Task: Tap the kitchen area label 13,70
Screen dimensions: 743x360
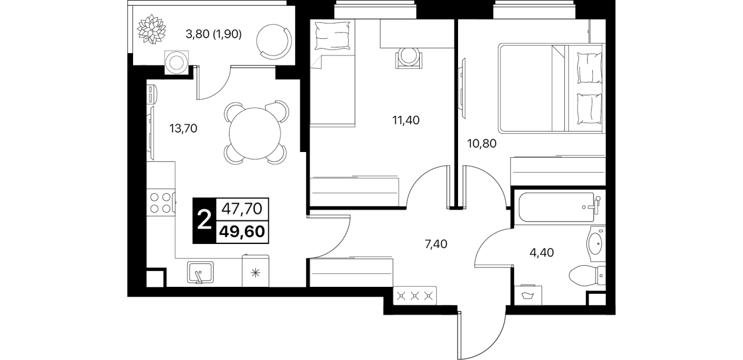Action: (x=183, y=129)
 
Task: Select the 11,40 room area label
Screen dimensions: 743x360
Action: (x=405, y=120)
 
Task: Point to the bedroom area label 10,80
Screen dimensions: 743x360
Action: (x=481, y=143)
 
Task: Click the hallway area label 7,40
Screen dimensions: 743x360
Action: (x=436, y=244)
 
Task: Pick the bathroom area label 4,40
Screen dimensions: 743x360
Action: (x=541, y=253)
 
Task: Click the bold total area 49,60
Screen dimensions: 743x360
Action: (x=243, y=231)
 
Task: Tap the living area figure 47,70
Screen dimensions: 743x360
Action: (x=242, y=209)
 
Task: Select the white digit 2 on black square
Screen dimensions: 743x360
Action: (x=204, y=221)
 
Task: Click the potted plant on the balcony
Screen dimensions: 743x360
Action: (x=151, y=29)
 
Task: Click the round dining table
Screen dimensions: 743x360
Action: (x=255, y=133)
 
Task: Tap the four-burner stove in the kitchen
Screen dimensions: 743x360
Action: (x=161, y=203)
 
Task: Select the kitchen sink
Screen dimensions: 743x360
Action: (x=200, y=273)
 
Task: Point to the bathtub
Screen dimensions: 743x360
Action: (x=558, y=207)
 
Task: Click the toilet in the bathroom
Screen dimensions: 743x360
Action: (x=587, y=275)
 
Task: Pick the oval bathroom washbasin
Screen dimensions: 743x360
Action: (x=596, y=244)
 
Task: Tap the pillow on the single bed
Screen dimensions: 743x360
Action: (x=332, y=35)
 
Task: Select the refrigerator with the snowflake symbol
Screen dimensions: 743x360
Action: (x=255, y=271)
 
